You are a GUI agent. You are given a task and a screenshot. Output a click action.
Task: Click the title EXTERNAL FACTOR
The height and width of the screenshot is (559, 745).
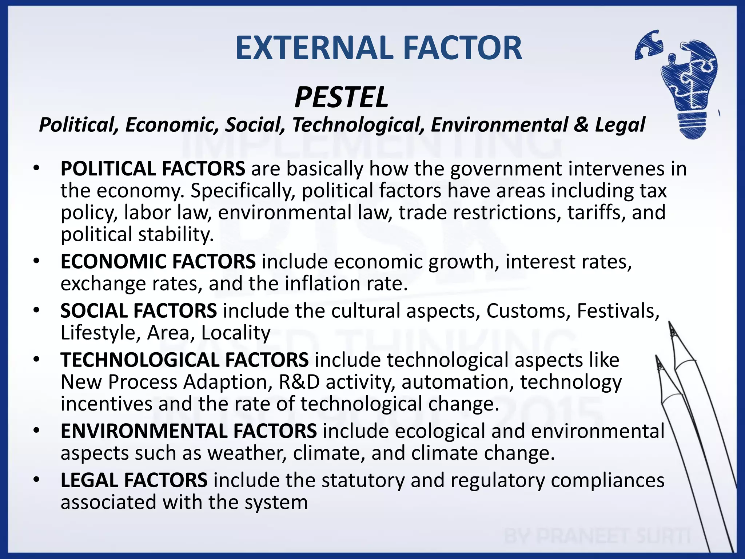tap(378, 48)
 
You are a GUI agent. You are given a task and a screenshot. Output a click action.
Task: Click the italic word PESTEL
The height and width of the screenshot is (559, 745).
tap(341, 98)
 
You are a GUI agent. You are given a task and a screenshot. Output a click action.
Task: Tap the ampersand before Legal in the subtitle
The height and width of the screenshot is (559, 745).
tap(581, 124)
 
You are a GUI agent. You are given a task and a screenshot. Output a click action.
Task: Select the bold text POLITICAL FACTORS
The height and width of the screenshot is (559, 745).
tap(153, 169)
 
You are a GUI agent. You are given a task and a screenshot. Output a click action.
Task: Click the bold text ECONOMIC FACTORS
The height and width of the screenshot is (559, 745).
tap(158, 262)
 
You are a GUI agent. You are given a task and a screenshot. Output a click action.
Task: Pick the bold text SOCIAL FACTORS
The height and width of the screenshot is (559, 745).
tap(139, 311)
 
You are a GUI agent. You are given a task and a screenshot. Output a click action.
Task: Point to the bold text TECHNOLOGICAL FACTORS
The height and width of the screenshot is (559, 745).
tap(184, 360)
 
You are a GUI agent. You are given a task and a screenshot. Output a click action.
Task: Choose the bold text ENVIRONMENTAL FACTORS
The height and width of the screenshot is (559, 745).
tap(188, 431)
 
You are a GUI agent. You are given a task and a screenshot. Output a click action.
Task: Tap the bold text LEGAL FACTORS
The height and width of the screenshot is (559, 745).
tap(134, 480)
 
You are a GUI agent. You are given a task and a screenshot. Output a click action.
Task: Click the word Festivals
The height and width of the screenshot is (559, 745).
tap(618, 311)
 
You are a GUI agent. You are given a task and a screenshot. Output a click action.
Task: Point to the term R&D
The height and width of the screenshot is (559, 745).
tap(299, 382)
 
